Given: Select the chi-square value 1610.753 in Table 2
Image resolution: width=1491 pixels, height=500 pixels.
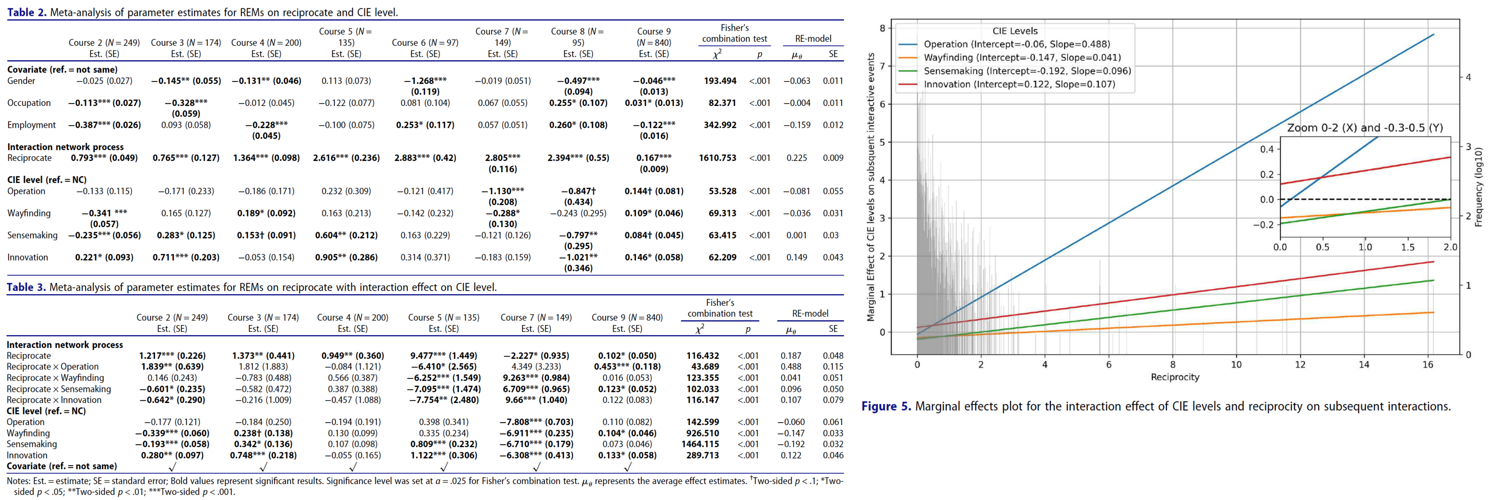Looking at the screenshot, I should [717, 157].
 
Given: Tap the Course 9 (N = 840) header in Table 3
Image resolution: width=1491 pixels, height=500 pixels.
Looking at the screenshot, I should [627, 318].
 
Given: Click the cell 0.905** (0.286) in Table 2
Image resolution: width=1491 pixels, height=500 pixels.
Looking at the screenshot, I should [346, 257].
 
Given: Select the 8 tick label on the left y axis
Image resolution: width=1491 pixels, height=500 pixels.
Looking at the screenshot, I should [882, 28].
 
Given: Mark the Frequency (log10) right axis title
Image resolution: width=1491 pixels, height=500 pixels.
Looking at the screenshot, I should [1478, 186].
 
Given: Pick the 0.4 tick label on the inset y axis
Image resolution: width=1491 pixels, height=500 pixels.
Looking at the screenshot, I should [1267, 150].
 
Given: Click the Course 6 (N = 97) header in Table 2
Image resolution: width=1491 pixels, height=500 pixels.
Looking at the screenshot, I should [425, 42].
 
